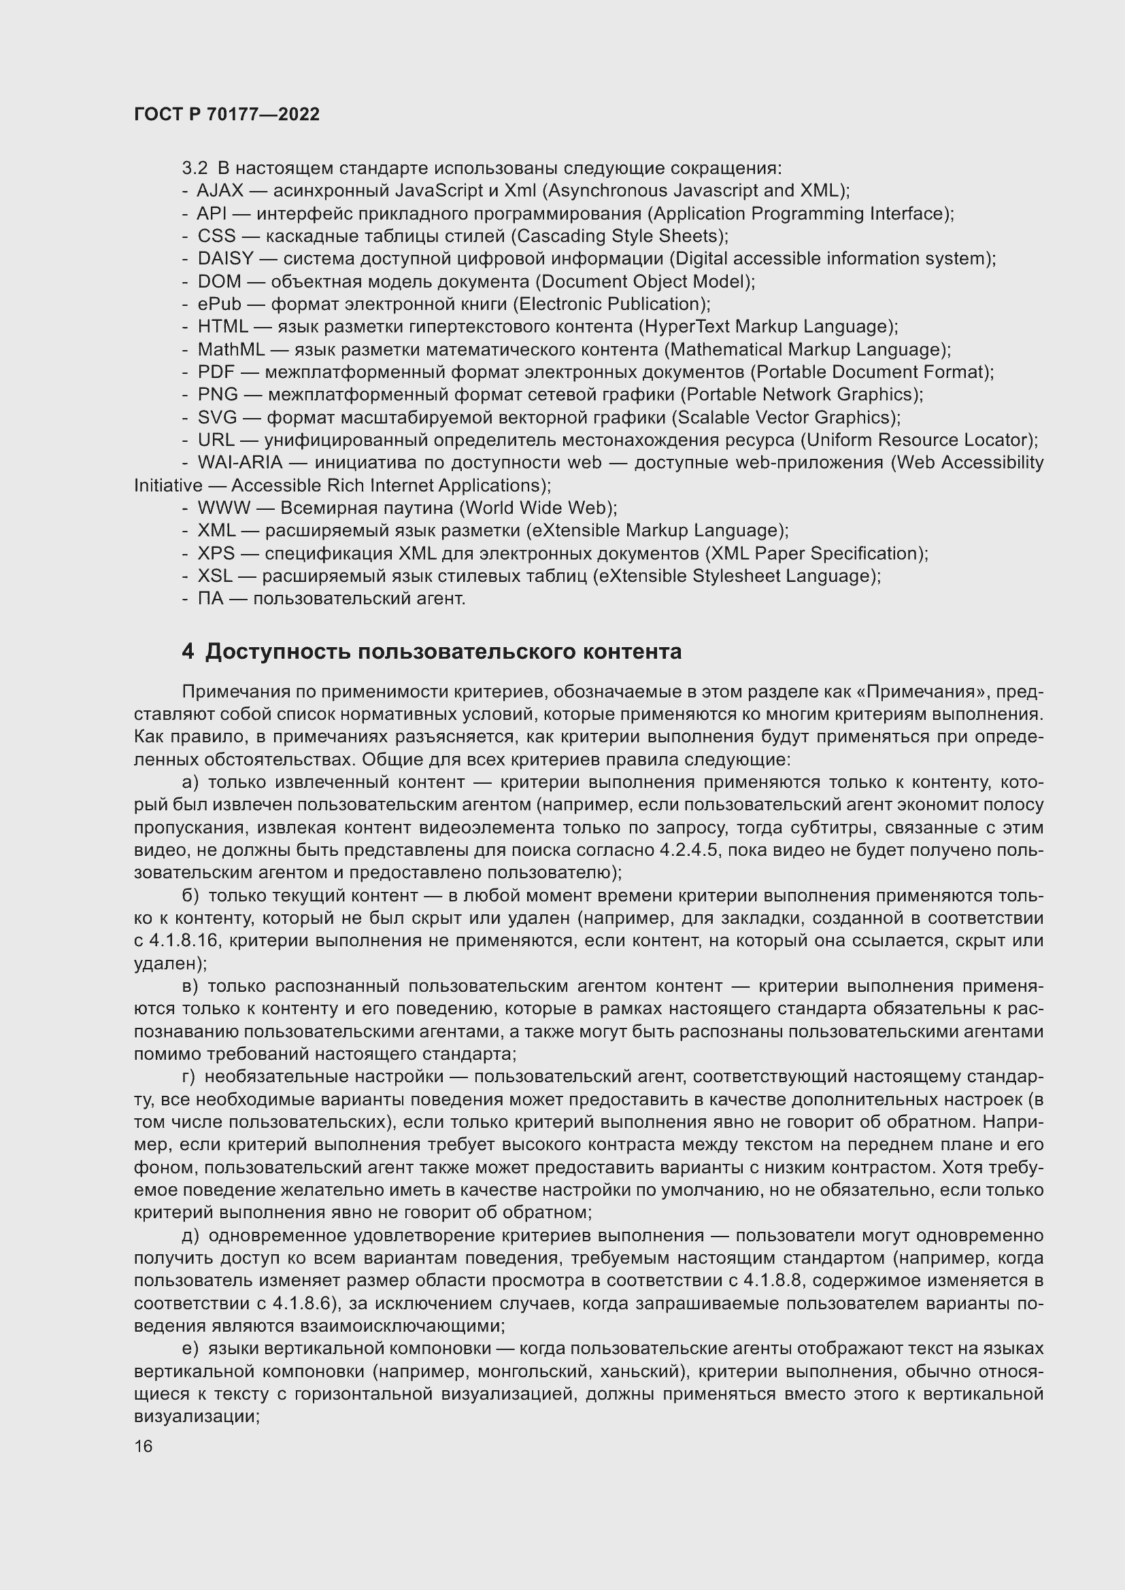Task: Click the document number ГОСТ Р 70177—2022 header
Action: (x=226, y=114)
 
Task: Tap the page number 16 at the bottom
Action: (x=144, y=1447)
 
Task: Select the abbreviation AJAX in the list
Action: (x=220, y=190)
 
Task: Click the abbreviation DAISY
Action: (x=225, y=258)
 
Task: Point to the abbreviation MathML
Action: (x=231, y=349)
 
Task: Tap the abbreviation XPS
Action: (x=216, y=553)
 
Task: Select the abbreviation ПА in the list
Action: (x=211, y=598)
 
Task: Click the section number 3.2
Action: (x=195, y=169)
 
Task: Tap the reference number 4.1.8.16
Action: (x=185, y=940)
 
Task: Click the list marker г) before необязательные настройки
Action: (x=189, y=1077)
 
